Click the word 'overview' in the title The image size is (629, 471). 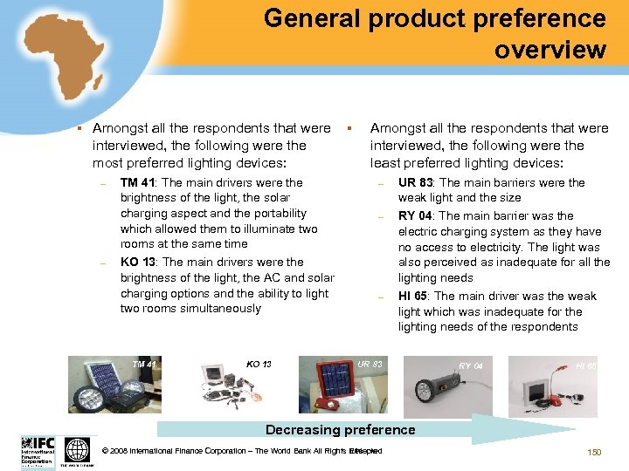point(550,49)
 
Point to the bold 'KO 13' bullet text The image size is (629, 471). point(138,262)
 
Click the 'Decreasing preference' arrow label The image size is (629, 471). point(340,429)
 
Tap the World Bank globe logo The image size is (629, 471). point(77,450)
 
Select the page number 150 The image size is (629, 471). point(594,452)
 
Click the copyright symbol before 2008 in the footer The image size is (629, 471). point(106,451)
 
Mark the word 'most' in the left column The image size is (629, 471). point(108,163)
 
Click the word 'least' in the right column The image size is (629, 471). point(386,163)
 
